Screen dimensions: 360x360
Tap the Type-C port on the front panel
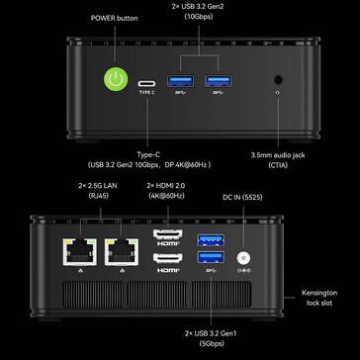(x=147, y=83)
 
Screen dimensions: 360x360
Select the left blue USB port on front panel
(x=184, y=82)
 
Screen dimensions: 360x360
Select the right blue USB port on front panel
(x=218, y=82)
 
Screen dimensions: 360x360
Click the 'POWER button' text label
(x=115, y=18)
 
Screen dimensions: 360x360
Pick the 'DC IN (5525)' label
(x=242, y=196)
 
